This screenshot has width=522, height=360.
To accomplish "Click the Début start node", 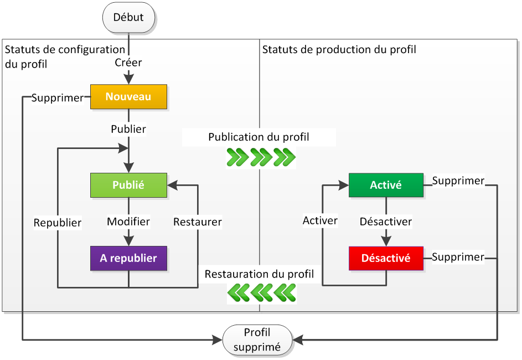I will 128,18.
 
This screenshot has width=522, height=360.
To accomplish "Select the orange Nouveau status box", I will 128,97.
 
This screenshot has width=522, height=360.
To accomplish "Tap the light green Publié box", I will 128,186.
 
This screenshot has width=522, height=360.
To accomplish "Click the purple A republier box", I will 128,259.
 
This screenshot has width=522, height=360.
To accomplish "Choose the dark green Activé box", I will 386,186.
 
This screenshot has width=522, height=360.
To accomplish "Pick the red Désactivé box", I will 386,259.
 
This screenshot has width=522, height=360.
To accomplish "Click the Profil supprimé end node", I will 257,340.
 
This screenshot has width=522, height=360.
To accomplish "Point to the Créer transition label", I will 128,63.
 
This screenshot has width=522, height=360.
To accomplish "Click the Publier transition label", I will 128,129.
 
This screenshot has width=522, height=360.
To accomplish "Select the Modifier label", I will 128,222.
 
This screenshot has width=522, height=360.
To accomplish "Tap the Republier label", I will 58,223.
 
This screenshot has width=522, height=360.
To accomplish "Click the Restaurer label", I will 198,222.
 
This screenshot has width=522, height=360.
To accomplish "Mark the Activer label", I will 320,220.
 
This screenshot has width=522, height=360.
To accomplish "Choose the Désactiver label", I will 386,222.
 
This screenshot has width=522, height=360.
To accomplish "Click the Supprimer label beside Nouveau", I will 57,98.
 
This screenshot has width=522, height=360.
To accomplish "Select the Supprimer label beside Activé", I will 458,181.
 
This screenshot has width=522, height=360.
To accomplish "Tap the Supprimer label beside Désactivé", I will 458,257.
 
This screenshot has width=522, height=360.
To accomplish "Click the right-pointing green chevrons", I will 261,157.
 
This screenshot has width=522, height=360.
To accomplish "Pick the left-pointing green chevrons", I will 261,292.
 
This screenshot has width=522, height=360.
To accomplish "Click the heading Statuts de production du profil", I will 339,50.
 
